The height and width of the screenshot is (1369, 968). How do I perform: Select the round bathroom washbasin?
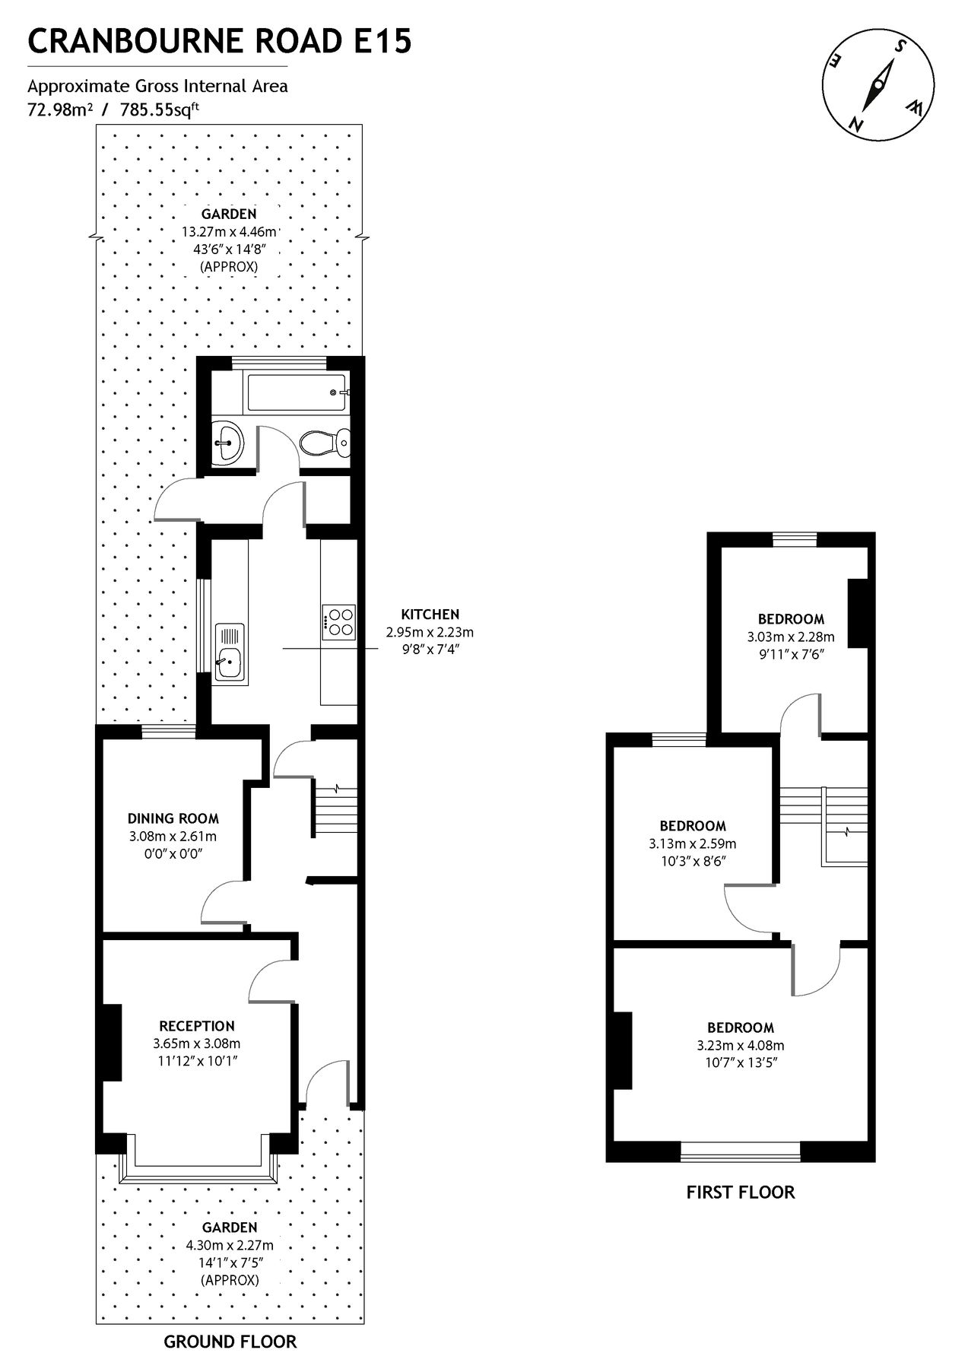[227, 441]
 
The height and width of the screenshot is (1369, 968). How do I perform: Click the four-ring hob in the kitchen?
[339, 621]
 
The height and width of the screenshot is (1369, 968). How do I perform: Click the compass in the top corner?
[878, 84]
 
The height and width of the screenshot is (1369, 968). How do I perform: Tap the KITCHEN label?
[430, 614]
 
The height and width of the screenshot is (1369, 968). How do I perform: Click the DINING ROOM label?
[173, 819]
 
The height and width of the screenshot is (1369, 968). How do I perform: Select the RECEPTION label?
[197, 1026]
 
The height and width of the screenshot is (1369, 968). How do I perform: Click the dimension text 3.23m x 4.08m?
[740, 1046]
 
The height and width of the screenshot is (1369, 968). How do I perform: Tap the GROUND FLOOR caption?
[230, 1341]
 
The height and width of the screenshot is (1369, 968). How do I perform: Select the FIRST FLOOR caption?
[740, 1192]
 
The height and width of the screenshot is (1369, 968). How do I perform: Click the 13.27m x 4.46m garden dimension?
[229, 232]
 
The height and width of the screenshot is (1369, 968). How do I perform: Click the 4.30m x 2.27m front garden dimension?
[229, 1246]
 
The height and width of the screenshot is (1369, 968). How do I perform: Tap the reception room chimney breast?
[112, 1042]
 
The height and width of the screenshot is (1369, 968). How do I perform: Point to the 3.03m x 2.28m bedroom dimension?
[791, 637]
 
